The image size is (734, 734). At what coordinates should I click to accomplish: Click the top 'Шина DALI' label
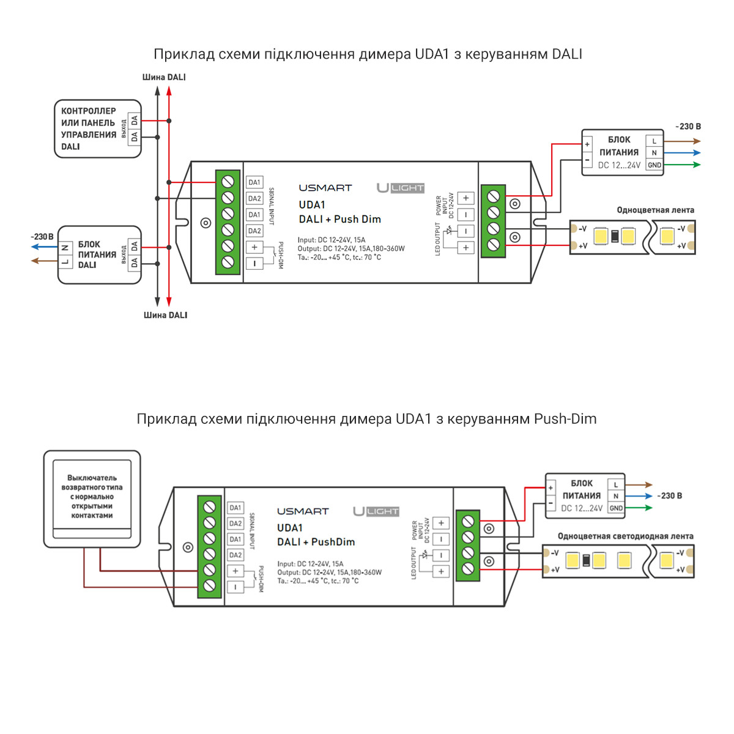[x=164, y=77]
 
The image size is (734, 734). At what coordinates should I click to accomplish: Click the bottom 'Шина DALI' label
[x=165, y=315]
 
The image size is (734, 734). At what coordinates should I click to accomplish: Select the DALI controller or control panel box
[x=98, y=129]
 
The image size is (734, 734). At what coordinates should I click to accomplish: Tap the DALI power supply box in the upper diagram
[x=100, y=255]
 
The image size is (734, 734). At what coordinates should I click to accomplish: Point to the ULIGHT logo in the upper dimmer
[x=401, y=188]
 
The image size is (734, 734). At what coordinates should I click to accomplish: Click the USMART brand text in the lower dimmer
[x=303, y=511]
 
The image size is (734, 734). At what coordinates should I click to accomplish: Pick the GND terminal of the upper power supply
[x=654, y=165]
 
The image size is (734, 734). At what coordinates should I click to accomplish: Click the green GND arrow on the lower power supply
[x=639, y=508]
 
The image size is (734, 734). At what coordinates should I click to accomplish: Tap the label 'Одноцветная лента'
[x=655, y=210]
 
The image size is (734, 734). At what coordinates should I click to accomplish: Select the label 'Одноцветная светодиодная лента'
[x=625, y=536]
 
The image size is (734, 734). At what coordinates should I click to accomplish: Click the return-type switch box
[x=92, y=499]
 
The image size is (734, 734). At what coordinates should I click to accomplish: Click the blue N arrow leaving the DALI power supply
[x=44, y=247]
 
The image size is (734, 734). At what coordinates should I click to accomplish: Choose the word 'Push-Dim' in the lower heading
[x=565, y=419]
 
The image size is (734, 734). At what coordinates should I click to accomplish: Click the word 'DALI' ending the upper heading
[x=567, y=54]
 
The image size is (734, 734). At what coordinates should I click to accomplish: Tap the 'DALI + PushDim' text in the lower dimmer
[x=316, y=542]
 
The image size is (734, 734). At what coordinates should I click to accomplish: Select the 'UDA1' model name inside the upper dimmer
[x=312, y=205]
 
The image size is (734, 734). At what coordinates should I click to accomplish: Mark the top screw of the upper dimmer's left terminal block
[x=228, y=182]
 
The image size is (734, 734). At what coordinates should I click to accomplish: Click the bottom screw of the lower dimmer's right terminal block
[x=468, y=569]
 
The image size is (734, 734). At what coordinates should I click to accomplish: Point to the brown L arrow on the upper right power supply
[x=682, y=141]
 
